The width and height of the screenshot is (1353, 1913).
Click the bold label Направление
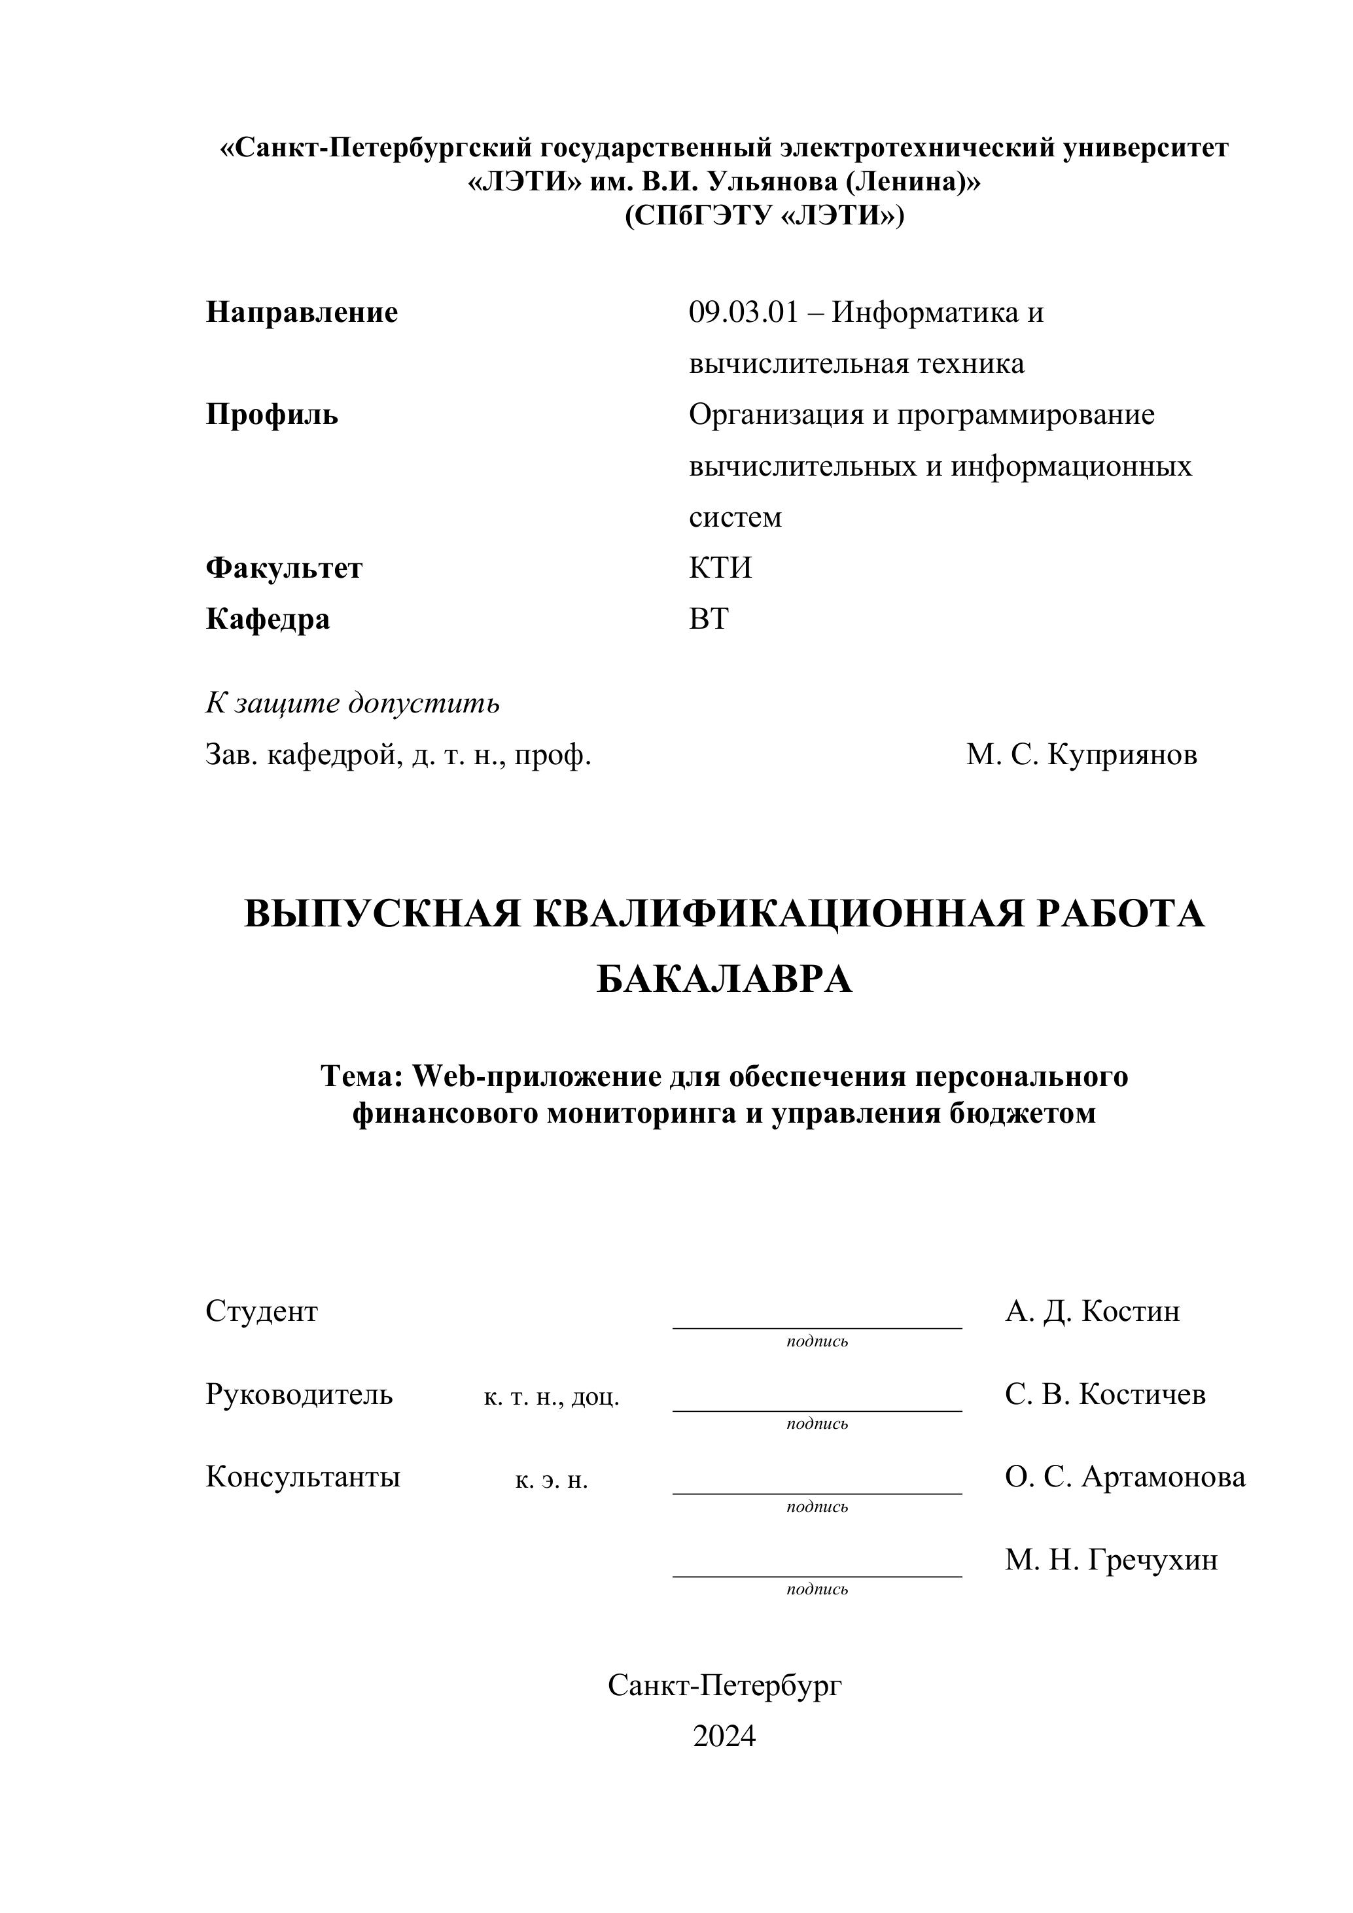pos(302,313)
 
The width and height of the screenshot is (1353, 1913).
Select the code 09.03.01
pos(743,313)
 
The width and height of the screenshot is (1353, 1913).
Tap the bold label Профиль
pos(272,414)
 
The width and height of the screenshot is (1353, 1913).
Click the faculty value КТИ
pos(720,569)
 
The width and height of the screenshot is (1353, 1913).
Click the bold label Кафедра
pos(268,619)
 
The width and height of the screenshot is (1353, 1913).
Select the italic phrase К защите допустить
pos(353,703)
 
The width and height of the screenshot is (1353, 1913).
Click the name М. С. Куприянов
pos(1081,755)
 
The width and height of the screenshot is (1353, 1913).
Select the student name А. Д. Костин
pos(1092,1312)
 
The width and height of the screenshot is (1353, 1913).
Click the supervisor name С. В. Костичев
pos(1105,1394)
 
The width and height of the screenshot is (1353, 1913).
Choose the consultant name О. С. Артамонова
pos(1125,1477)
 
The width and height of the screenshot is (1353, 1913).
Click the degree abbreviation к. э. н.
pos(552,1480)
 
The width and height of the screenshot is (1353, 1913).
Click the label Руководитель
pos(298,1394)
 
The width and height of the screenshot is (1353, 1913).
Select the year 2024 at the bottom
pos(724,1736)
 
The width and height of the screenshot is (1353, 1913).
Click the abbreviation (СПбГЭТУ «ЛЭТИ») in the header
pos(764,216)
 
